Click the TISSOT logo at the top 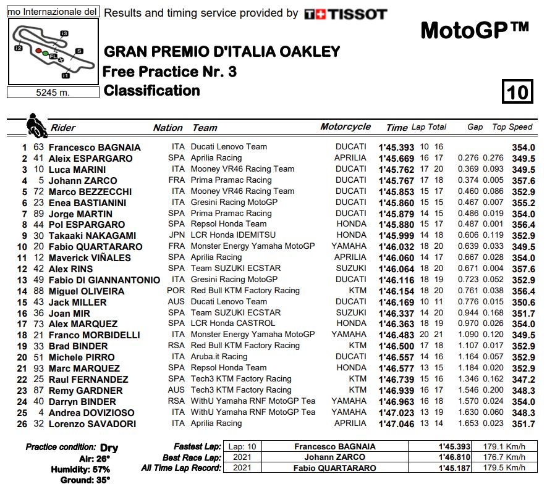click(346, 14)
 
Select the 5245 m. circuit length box click(53, 92)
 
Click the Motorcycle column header click(346, 127)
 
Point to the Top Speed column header click(512, 127)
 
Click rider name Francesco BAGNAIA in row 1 click(95, 148)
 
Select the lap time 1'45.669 click(396, 159)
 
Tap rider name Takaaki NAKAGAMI click(91, 236)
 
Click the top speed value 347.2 click(523, 380)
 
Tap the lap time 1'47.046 click(396, 424)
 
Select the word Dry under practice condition click(109, 448)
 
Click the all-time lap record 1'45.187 click(454, 469)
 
